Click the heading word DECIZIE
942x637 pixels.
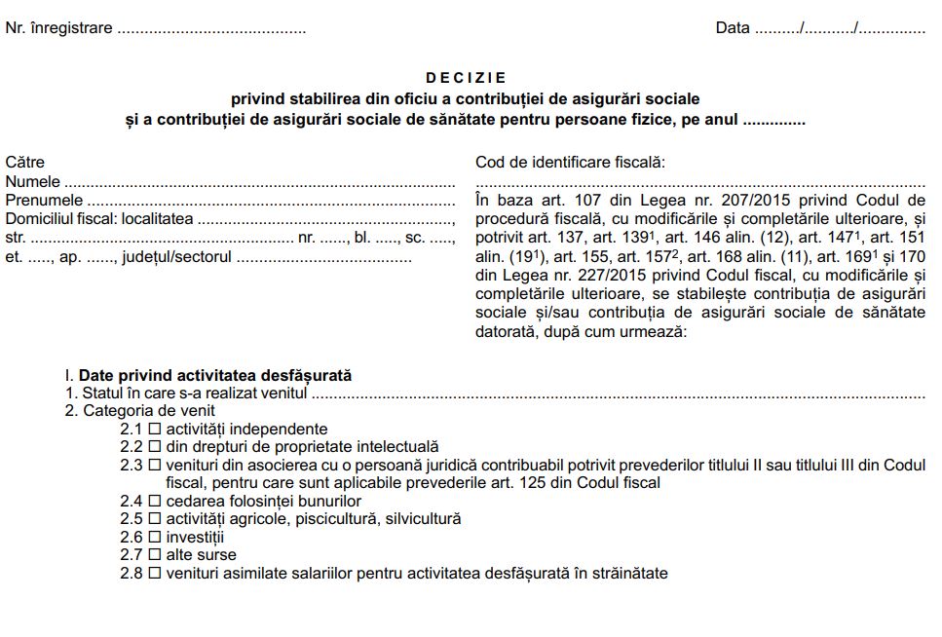click(467, 77)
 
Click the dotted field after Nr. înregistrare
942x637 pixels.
click(211, 29)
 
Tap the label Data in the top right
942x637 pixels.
click(733, 28)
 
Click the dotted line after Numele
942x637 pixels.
click(260, 182)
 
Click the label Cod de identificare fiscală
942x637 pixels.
click(570, 163)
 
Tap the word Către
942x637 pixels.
click(25, 163)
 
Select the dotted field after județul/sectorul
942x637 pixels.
click(323, 258)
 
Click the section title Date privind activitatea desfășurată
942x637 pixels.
click(215, 375)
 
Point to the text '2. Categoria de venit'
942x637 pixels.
click(140, 411)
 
